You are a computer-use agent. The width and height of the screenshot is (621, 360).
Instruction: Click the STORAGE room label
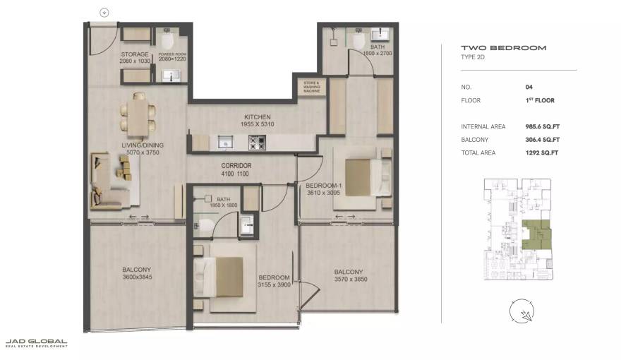point(134,54)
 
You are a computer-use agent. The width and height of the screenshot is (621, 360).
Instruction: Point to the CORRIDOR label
point(236,165)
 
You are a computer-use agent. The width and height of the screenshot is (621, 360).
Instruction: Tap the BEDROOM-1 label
point(322,186)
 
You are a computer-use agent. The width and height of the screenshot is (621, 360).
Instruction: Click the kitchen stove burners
point(256,142)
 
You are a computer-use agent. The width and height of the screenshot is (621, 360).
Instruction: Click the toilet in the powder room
point(168,36)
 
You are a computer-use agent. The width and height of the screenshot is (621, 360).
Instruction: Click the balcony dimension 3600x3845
point(135,277)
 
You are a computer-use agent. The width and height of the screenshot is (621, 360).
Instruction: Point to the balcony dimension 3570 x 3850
point(349,279)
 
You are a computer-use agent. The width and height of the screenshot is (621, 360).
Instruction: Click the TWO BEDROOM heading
point(494,48)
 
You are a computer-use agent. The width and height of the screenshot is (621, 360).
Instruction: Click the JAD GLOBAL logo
point(36,342)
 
